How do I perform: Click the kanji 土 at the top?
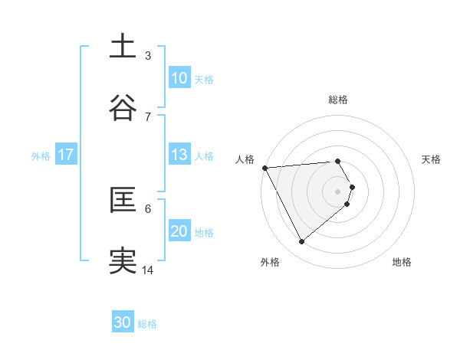(123, 47)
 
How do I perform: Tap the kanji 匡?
(123, 200)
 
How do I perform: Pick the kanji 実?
(123, 261)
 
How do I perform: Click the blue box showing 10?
(179, 78)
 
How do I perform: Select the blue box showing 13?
(179, 155)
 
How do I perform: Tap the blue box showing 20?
(179, 231)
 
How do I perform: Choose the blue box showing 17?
(66, 155)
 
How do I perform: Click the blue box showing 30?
(123, 323)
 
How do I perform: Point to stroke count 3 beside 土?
(148, 55)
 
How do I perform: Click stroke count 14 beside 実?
(148, 270)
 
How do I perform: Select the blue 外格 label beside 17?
(41, 155)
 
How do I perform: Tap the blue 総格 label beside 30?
(147, 324)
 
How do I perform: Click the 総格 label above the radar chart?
(338, 100)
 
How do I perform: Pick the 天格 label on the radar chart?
(431, 159)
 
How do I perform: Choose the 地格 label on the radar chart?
(402, 262)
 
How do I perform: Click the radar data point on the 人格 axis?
(264, 167)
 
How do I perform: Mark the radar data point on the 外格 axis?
(301, 242)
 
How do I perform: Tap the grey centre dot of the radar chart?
(338, 191)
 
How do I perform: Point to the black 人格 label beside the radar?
(245, 159)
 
